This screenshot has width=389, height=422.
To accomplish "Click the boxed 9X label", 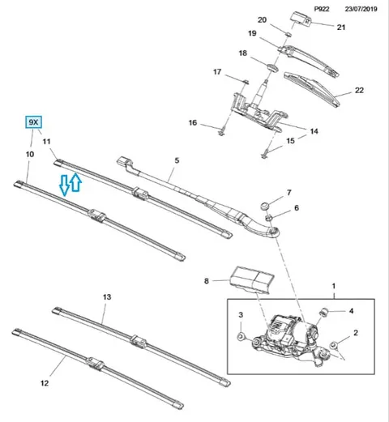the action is [x=33, y=122].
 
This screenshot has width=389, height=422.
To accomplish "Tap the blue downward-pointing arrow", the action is [x=64, y=185].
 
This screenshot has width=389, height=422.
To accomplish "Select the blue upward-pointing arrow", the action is [x=76, y=182].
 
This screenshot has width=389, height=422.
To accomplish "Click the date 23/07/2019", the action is [x=361, y=9].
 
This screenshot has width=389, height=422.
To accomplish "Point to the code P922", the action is [x=322, y=9].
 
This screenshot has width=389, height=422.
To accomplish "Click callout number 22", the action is [x=359, y=90].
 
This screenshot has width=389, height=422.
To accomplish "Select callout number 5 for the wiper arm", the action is [x=177, y=160].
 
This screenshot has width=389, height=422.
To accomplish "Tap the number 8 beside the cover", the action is [x=207, y=281].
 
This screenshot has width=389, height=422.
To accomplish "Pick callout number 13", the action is [x=107, y=297].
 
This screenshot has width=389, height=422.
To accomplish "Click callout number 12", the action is [x=45, y=383].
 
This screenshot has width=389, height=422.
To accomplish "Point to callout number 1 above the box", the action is [x=334, y=286].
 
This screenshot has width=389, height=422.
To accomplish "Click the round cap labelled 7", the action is [x=264, y=206].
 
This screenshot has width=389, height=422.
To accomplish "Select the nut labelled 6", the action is [x=269, y=216].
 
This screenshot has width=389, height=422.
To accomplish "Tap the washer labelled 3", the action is [x=241, y=336].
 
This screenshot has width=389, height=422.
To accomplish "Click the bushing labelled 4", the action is [x=323, y=312].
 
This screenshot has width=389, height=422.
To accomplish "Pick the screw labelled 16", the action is [x=222, y=132].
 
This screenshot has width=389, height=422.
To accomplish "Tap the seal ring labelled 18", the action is [x=272, y=67].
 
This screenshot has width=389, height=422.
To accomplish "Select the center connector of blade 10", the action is [x=96, y=216].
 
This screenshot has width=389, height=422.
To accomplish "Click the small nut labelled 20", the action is [x=289, y=34].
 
